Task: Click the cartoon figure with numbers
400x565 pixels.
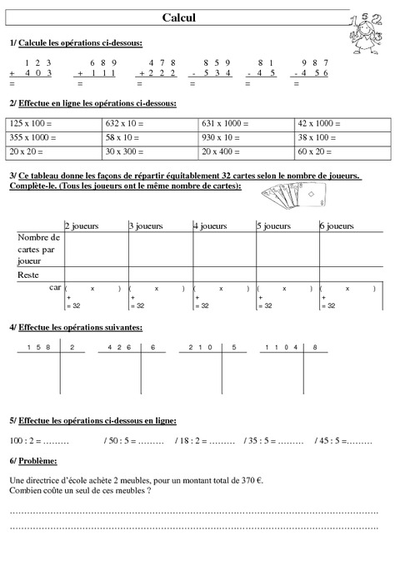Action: coord(367,33)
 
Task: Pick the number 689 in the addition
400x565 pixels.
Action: coord(102,62)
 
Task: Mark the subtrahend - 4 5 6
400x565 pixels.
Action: coord(312,73)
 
